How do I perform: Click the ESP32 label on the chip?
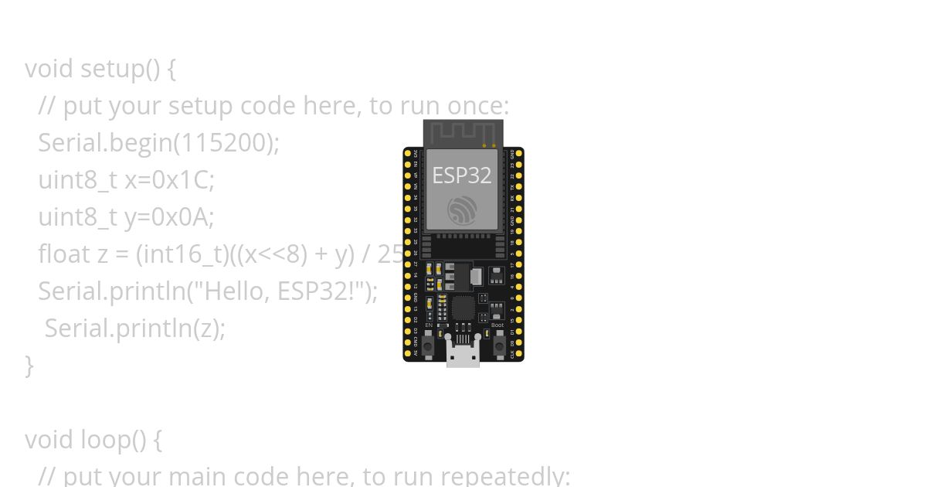461,175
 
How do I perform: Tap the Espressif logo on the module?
462,210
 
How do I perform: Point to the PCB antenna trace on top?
462,132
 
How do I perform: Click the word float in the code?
64,254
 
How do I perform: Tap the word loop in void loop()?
104,439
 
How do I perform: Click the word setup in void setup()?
111,68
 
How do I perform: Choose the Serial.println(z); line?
134,328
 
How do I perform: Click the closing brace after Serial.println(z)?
29,365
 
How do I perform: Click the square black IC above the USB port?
463,309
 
